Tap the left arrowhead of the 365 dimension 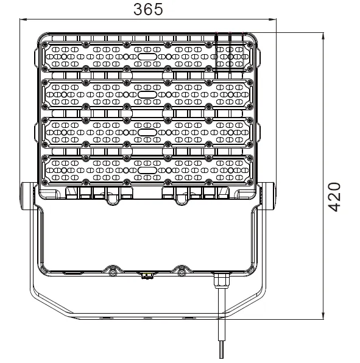pos(24,20)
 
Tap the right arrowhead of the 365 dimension pos(274,20)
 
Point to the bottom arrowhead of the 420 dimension pos(321,316)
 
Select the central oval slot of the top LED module pos(147,56)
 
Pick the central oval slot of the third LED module pos(147,132)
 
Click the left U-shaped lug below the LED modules pos(112,198)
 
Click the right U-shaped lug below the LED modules pos(181,198)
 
